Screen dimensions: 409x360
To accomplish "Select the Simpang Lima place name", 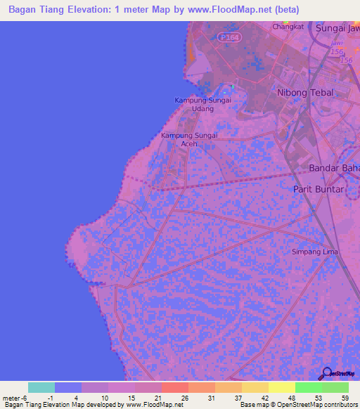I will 315,252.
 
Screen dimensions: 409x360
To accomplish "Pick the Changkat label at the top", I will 285,27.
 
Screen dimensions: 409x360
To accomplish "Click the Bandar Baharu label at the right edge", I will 334,168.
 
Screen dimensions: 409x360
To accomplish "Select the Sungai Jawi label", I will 337,29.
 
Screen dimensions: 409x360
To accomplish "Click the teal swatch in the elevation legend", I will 41,387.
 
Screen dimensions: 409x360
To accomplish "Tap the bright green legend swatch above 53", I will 308,387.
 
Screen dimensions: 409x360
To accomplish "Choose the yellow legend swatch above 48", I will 281,387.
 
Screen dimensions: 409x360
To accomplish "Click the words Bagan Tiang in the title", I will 33,10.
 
